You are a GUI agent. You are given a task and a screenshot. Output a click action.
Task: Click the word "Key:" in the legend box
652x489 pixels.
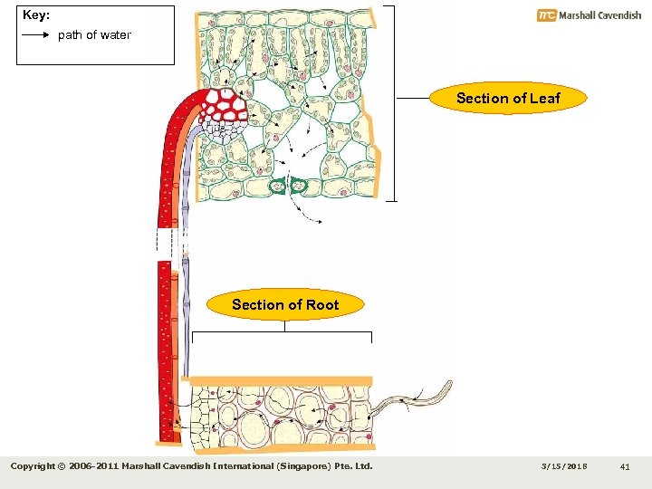pyautogui.click(x=36, y=15)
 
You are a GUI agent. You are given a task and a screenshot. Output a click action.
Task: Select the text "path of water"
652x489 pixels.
pyautogui.click(x=94, y=35)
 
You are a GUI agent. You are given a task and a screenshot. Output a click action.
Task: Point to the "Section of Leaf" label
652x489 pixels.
pyautogui.click(x=508, y=98)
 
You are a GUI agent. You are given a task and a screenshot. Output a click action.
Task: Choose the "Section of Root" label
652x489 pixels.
pyautogui.click(x=285, y=304)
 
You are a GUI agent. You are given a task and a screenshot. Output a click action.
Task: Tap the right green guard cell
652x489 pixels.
pyautogui.click(x=300, y=186)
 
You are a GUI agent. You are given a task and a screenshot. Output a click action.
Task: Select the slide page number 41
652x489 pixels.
pyautogui.click(x=625, y=466)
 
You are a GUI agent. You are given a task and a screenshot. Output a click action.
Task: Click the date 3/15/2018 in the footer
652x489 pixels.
pyautogui.click(x=563, y=466)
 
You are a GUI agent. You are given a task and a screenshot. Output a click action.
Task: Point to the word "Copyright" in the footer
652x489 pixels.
pyautogui.click(x=36, y=466)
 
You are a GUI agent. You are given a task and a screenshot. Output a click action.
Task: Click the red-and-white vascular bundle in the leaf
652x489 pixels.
pyautogui.click(x=225, y=105)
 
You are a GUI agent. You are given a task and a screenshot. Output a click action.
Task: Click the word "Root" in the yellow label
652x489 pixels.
pyautogui.click(x=321, y=304)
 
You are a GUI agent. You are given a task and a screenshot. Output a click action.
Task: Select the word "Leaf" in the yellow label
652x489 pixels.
pyautogui.click(x=544, y=98)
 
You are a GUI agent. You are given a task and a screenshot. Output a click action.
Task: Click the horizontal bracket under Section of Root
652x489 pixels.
pyautogui.click(x=282, y=333)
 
